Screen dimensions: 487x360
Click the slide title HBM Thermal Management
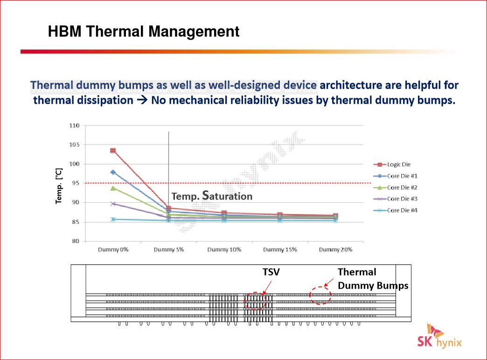click(144, 31)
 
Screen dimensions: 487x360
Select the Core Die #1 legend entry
click(396, 176)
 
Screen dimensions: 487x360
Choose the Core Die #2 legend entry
click(396, 187)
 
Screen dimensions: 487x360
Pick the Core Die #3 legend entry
click(396, 198)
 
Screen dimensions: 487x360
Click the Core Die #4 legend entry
click(396, 211)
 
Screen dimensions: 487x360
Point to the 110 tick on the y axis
click(74, 126)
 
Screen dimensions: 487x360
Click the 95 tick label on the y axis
click(76, 183)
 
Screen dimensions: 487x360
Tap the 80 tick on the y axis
click(76, 241)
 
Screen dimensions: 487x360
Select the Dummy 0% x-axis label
click(113, 250)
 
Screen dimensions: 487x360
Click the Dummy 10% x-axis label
click(224, 250)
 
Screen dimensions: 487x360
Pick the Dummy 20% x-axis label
click(335, 250)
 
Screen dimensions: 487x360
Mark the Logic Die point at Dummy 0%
click(113, 151)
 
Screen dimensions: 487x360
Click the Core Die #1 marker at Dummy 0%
click(113, 172)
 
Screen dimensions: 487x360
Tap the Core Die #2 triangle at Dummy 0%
click(113, 188)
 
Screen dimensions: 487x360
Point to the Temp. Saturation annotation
click(212, 196)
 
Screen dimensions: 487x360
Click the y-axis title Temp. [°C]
click(58, 186)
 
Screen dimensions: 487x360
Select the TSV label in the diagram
click(271, 272)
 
